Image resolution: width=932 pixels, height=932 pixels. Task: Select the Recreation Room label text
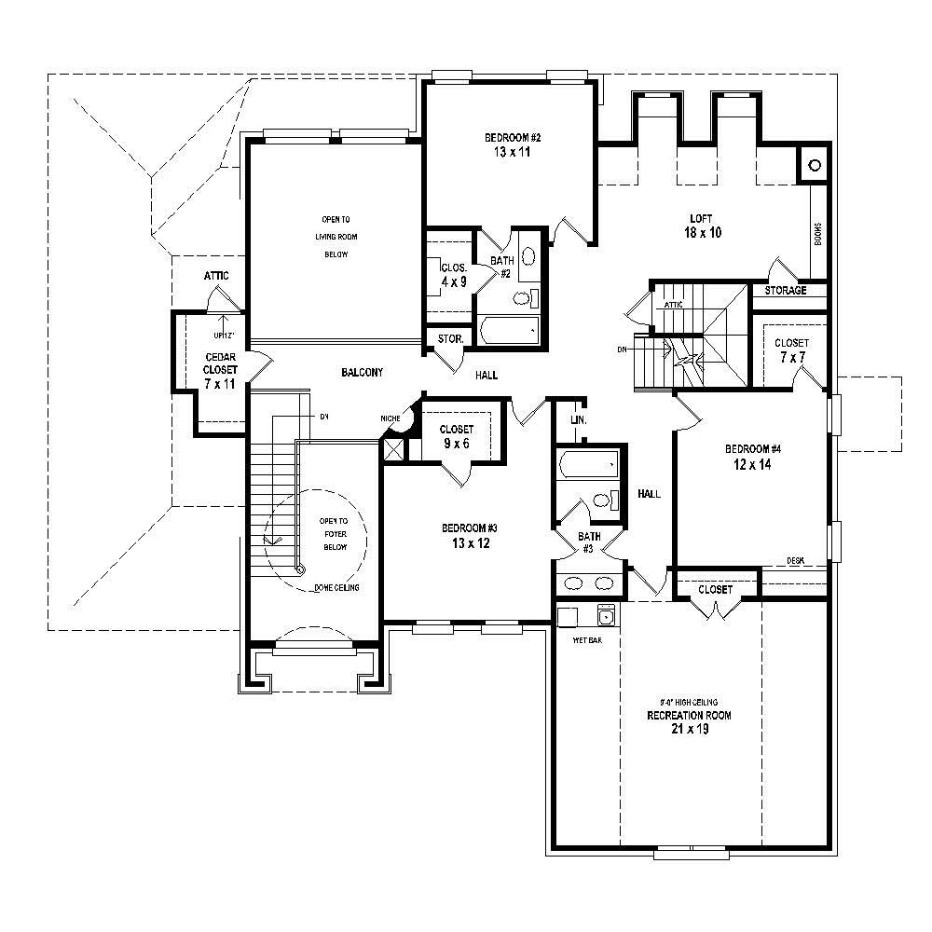[x=689, y=722]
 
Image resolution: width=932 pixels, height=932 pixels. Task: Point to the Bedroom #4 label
[x=752, y=456]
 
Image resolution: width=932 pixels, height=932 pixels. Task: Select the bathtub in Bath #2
[x=509, y=330]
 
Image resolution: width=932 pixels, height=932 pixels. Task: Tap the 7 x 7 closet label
[x=791, y=350]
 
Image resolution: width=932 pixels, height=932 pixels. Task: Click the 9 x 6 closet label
[x=456, y=436]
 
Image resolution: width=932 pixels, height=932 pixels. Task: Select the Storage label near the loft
[x=786, y=291]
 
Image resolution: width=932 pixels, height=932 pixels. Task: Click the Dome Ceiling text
[x=336, y=587]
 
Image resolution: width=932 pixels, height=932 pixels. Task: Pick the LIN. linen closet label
[x=578, y=419]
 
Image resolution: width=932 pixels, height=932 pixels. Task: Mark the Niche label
[x=390, y=418]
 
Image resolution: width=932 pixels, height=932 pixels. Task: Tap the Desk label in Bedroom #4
[x=795, y=560]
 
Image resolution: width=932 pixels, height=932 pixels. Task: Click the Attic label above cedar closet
[x=216, y=277]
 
